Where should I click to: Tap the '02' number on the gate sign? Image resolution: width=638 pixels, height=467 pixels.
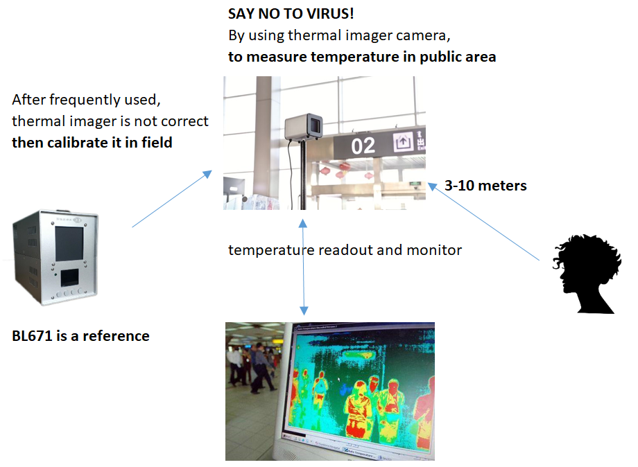click(363, 146)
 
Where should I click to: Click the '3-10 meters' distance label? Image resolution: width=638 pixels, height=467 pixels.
click(485, 186)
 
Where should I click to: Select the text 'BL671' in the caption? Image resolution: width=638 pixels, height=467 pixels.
click(31, 336)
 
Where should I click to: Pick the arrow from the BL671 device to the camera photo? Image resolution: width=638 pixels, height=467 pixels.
click(171, 199)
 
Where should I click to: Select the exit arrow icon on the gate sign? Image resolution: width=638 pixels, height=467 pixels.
click(402, 143)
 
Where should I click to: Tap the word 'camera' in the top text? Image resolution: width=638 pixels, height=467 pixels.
click(431, 35)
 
